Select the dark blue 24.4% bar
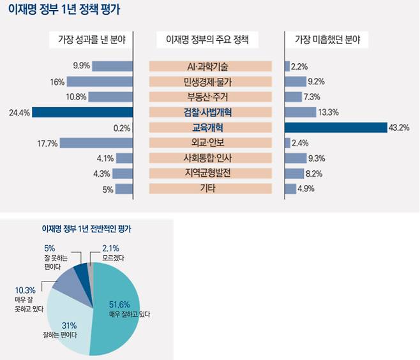pos(82,112)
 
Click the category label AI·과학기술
pos(210,66)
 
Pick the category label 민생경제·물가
pos(210,82)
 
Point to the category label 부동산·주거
pos(210,97)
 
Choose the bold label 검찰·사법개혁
pos(210,112)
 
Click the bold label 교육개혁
pos(210,128)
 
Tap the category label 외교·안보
pos(210,143)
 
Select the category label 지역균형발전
pos(210,173)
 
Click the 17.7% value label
pos(48,143)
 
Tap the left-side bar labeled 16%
pos(100,82)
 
